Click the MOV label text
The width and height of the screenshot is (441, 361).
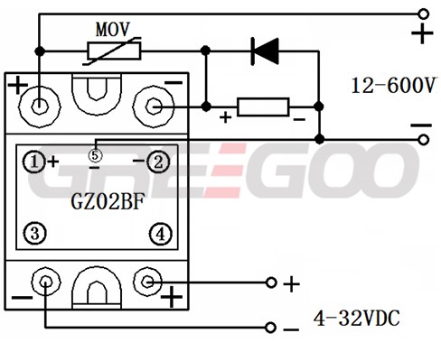click(113, 30)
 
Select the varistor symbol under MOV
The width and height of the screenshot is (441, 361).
click(114, 51)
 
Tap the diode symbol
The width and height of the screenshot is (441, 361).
click(265, 51)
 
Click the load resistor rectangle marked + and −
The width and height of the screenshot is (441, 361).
click(263, 106)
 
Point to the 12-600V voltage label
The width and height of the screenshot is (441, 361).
click(393, 86)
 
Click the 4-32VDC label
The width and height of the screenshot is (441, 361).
click(357, 319)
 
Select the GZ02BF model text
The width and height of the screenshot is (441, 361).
click(108, 201)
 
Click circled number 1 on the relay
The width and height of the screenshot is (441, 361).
click(34, 162)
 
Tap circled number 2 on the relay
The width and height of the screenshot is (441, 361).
click(158, 162)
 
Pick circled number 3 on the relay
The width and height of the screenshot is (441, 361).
click(35, 233)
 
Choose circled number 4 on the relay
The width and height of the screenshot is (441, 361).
click(161, 234)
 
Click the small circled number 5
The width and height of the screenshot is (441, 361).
click(95, 155)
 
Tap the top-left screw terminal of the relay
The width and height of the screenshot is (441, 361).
click(39, 106)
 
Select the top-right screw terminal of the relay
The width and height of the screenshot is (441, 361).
click(154, 106)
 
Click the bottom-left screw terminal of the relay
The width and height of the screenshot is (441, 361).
click(46, 282)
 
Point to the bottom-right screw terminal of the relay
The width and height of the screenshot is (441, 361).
click(147, 282)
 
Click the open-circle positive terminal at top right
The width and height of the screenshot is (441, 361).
click(424, 14)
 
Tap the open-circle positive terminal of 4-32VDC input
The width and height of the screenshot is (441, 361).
click(271, 282)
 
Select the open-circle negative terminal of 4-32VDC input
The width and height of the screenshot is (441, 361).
click(271, 328)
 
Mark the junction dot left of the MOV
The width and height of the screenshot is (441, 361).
click(40, 51)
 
